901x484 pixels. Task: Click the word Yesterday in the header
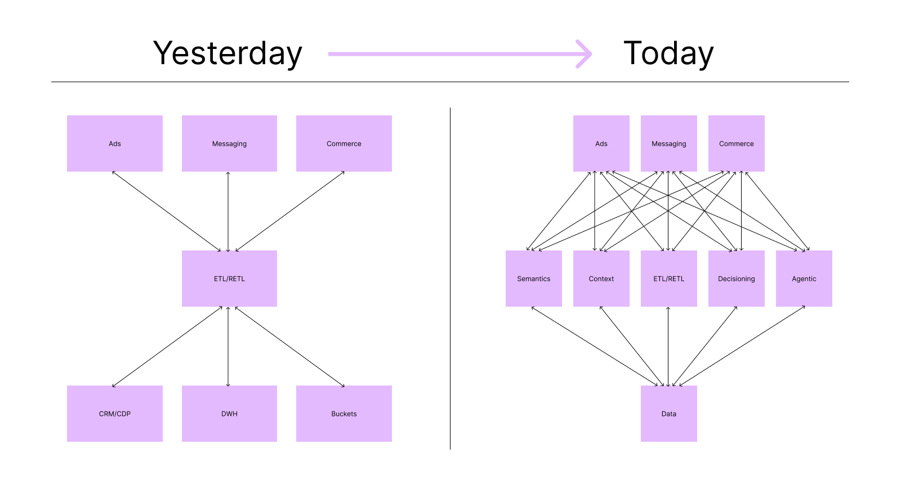point(228,53)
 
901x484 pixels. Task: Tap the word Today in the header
point(668,53)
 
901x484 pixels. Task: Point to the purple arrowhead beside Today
point(586,54)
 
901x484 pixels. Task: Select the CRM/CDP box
point(115,414)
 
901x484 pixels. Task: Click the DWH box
point(229,414)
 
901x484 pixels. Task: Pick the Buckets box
point(344,414)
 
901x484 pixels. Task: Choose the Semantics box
point(534,279)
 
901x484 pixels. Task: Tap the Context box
point(601,279)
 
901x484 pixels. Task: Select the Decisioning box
point(737,279)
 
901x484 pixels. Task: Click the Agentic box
point(804,279)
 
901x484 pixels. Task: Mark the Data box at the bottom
point(669,414)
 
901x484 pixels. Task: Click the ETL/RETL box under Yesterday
point(229,279)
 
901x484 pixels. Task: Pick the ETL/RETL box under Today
point(669,279)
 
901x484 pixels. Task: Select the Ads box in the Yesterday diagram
point(115,144)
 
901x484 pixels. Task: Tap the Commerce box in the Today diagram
point(737,144)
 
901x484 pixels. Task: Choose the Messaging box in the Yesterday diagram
point(229,144)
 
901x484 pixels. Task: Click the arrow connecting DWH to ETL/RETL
point(228,346)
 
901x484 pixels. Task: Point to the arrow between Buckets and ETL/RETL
point(289,346)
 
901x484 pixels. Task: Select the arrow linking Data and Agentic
point(742,346)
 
